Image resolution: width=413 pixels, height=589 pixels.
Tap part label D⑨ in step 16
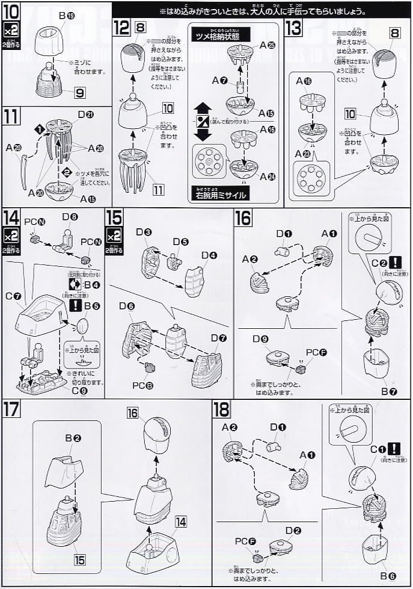tap(262, 339)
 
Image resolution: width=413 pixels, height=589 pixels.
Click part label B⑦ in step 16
tap(389, 392)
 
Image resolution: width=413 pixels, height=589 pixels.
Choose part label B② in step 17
tap(73, 437)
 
